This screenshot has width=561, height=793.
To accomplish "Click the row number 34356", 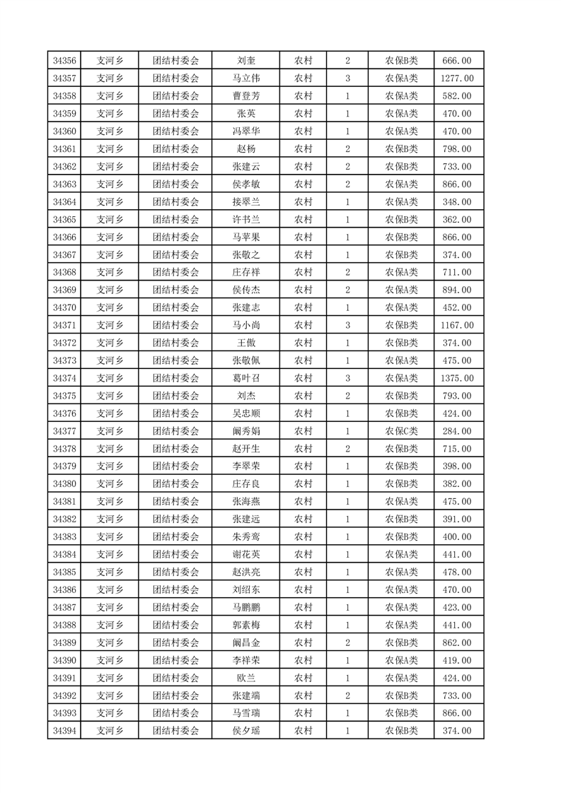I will point(64,61).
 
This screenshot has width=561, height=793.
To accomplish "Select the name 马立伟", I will point(245,78).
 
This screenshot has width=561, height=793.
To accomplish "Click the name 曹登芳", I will point(245,96).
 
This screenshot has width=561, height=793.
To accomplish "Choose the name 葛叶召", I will point(245,378).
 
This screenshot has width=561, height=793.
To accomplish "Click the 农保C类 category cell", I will point(401,431).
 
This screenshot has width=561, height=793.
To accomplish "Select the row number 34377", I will point(64,431).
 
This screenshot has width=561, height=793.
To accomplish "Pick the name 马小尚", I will point(245,325).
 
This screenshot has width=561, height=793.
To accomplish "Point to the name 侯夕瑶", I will point(245,731).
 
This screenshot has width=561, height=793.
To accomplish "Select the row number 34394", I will point(64,731).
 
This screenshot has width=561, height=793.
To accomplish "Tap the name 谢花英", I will point(245,554).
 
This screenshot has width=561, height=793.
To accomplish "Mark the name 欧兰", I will point(245,678).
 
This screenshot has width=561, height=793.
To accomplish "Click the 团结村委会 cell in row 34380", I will point(176,484).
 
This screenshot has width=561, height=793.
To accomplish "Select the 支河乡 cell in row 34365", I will point(110,220).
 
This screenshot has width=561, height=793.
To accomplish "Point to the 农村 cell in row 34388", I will point(303,625).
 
